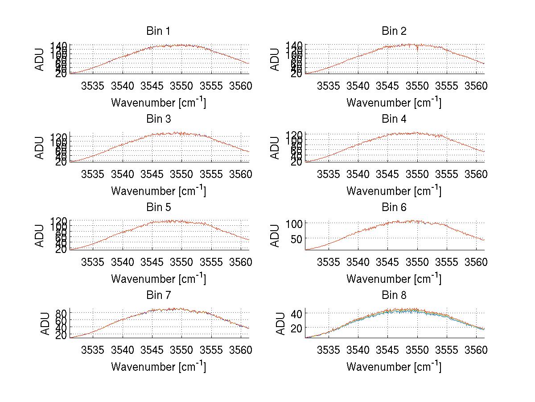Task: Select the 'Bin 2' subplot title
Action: (x=394, y=31)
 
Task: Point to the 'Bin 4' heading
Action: (x=394, y=119)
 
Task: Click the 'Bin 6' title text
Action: (x=394, y=207)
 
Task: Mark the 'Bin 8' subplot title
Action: (x=394, y=295)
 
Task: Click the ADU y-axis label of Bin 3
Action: (x=40, y=148)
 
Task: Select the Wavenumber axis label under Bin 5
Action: (x=158, y=279)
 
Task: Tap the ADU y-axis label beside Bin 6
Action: (x=276, y=236)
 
